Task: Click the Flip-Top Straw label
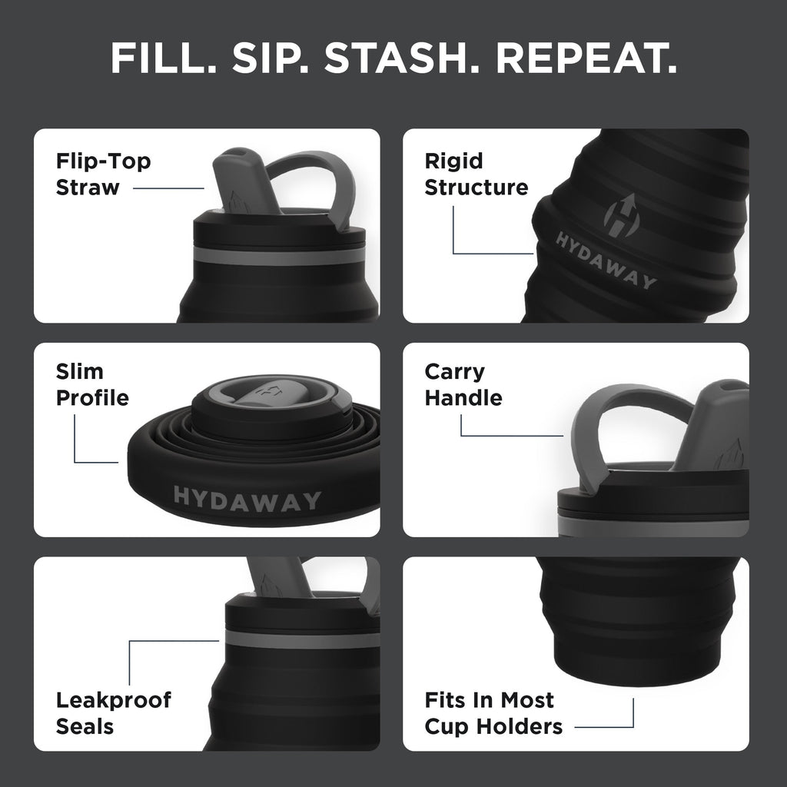103,174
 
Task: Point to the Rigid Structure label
476,174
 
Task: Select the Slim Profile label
91,385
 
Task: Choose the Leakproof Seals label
113,713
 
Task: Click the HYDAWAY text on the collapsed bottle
247,499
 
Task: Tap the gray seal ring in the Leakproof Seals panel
304,639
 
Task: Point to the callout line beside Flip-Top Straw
168,188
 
